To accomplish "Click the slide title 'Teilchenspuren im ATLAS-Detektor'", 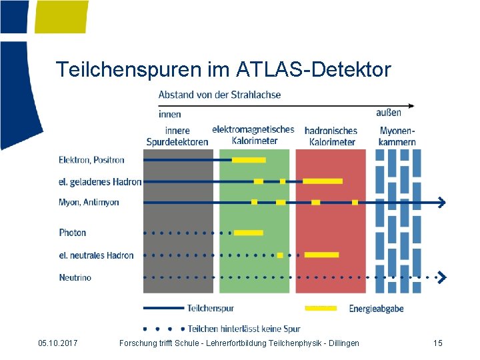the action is [223, 69].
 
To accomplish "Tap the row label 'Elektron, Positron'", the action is [91, 160].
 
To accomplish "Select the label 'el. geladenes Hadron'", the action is [100, 181].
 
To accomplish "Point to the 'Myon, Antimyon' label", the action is [89, 202].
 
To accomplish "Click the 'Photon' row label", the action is [72, 233].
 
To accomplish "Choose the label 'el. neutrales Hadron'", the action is [96, 255].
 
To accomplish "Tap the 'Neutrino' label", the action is [75, 277].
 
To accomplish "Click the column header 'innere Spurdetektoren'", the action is [177, 136].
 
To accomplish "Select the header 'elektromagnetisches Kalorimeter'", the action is [253, 135].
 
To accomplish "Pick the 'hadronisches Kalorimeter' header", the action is [331, 136].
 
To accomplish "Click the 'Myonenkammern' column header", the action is [397, 136].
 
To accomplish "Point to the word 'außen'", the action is [389, 113].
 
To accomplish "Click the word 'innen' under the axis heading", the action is [169, 114].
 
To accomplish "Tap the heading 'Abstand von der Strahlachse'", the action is [219, 95].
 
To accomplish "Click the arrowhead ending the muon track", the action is [441, 202].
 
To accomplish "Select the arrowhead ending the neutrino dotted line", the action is [441, 277].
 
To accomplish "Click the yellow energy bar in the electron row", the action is [249, 160].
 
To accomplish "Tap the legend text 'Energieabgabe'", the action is [376, 309].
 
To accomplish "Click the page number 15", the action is [437, 343].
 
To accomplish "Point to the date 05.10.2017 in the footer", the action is [58, 343].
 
